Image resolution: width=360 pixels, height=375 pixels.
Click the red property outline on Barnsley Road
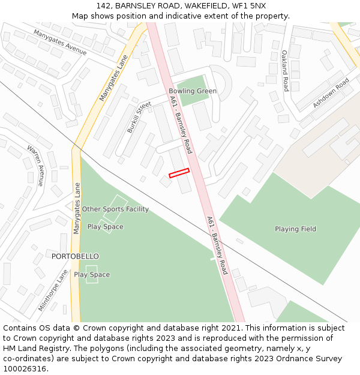(x=179, y=173)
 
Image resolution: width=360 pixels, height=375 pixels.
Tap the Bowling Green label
(x=193, y=91)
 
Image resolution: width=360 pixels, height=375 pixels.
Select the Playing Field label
(x=295, y=229)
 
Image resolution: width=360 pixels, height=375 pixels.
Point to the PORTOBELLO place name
(x=75, y=256)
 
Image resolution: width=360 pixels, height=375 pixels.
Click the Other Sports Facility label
(x=115, y=209)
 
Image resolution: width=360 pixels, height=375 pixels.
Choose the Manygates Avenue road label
(x=60, y=42)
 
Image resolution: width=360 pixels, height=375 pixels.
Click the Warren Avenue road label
(x=35, y=165)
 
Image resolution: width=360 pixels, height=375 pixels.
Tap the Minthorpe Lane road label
(x=53, y=290)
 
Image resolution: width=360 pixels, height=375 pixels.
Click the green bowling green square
(x=192, y=90)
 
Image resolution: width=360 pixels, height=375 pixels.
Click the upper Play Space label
(x=105, y=227)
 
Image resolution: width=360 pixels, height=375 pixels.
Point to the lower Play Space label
(x=92, y=275)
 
